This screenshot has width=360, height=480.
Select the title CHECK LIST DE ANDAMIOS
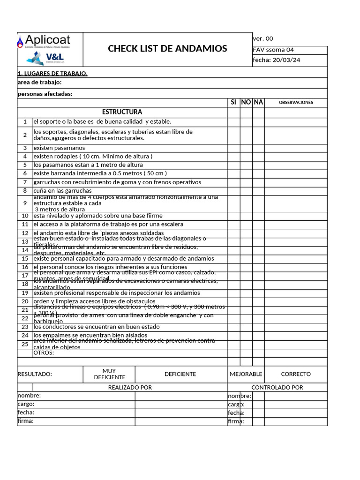167,49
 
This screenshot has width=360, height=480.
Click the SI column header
233,102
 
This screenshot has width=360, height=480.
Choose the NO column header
246,102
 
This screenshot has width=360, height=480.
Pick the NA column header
258,102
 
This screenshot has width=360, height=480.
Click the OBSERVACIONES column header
296,103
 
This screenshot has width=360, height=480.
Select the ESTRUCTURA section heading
122,112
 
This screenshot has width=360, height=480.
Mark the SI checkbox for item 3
233,148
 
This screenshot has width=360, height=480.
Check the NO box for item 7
246,182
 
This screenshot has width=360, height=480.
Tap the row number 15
25,259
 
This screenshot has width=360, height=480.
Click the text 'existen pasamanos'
59,148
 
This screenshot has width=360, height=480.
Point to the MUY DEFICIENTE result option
109,374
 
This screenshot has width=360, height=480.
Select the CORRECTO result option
296,374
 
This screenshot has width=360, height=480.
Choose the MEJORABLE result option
246,374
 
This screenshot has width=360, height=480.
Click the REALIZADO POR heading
130,388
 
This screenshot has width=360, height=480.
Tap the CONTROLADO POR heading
277,388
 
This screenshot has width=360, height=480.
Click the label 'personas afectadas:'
45,94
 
